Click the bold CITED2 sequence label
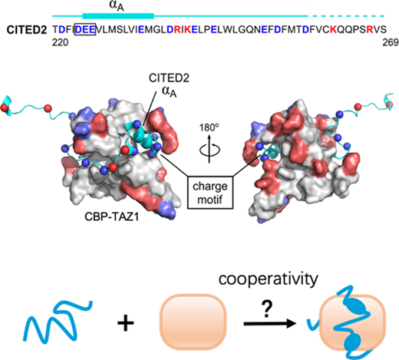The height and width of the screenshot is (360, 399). (x=27, y=30)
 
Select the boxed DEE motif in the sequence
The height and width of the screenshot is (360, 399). (x=85, y=29)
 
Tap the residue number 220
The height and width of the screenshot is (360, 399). (x=61, y=42)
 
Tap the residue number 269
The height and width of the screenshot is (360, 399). (x=391, y=42)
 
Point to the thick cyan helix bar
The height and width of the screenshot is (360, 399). (x=118, y=16)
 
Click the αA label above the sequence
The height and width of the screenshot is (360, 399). (x=117, y=6)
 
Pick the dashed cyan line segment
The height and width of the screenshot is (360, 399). (x=347, y=16)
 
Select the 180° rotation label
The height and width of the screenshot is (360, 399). (x=209, y=127)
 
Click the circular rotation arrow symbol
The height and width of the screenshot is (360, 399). (x=209, y=150)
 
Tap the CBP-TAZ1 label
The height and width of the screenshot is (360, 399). (x=112, y=217)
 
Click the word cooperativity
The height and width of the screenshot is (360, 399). (x=269, y=279)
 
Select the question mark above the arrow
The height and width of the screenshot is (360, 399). (x=267, y=309)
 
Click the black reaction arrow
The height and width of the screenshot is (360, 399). (x=270, y=324)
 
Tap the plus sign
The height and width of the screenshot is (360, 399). (x=126, y=322)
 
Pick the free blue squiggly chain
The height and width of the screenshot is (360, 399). (x=58, y=321)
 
